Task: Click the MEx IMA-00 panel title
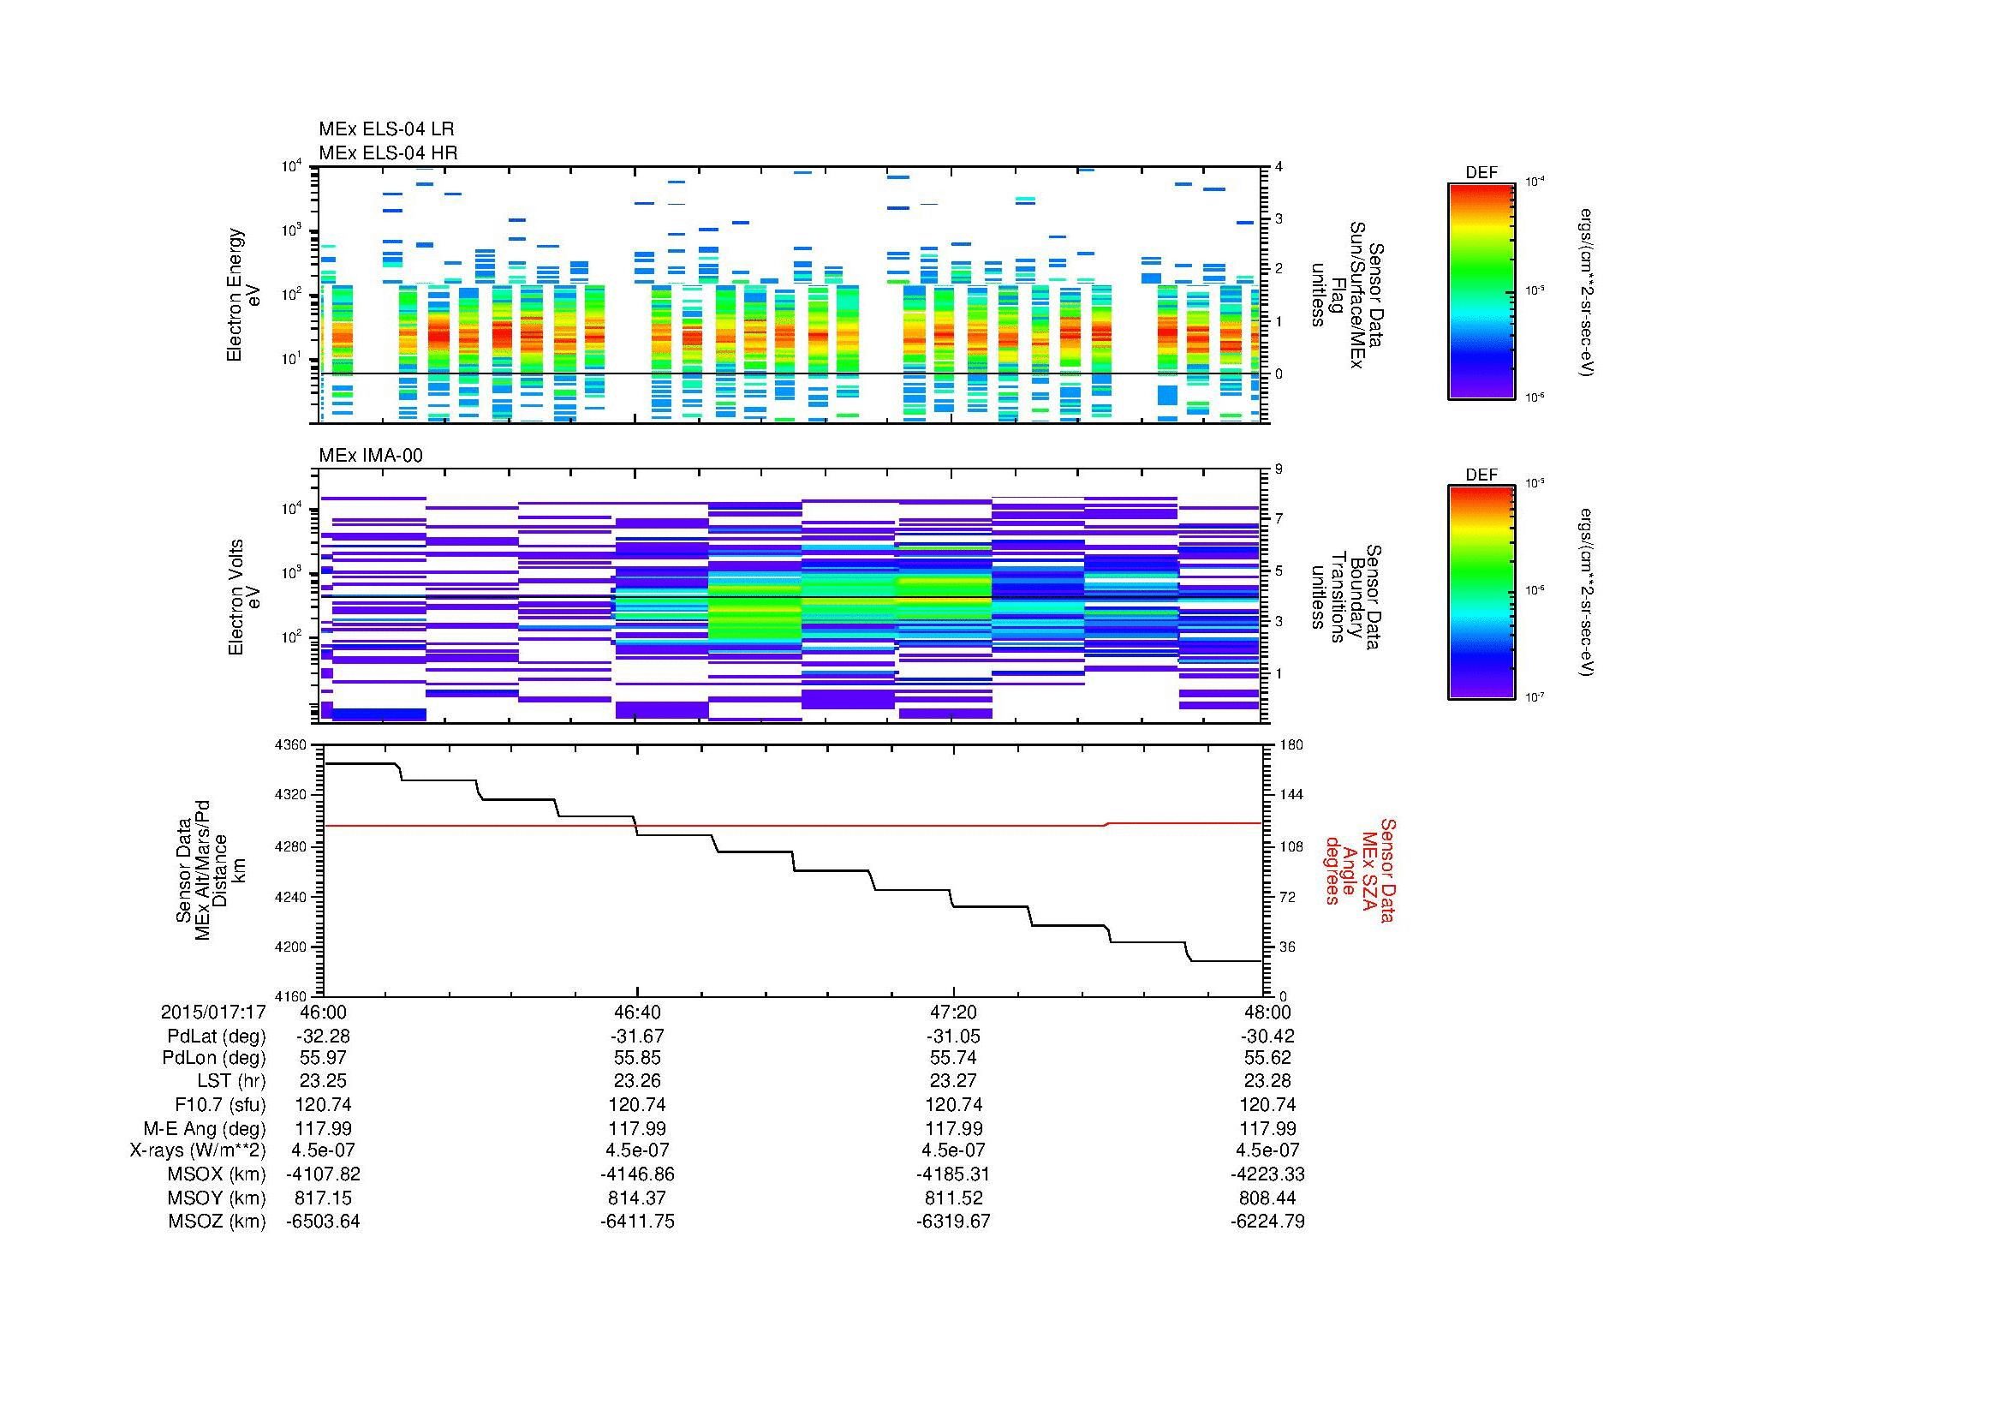click(x=371, y=456)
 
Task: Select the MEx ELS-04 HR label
click(x=388, y=152)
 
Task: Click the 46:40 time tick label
click(x=637, y=1012)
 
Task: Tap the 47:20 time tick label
click(x=953, y=1012)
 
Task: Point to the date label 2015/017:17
click(x=213, y=1012)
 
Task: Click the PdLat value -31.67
click(x=637, y=1037)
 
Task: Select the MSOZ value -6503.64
click(x=323, y=1222)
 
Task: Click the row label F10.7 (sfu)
click(x=220, y=1104)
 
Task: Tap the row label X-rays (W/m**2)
click(x=197, y=1150)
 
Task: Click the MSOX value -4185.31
click(x=953, y=1174)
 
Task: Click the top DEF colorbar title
click(x=1481, y=173)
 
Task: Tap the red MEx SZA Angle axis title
click(x=1359, y=869)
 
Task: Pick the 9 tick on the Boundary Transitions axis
click(x=1279, y=469)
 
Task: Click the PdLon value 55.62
click(x=1267, y=1058)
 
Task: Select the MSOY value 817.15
click(x=323, y=1198)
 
